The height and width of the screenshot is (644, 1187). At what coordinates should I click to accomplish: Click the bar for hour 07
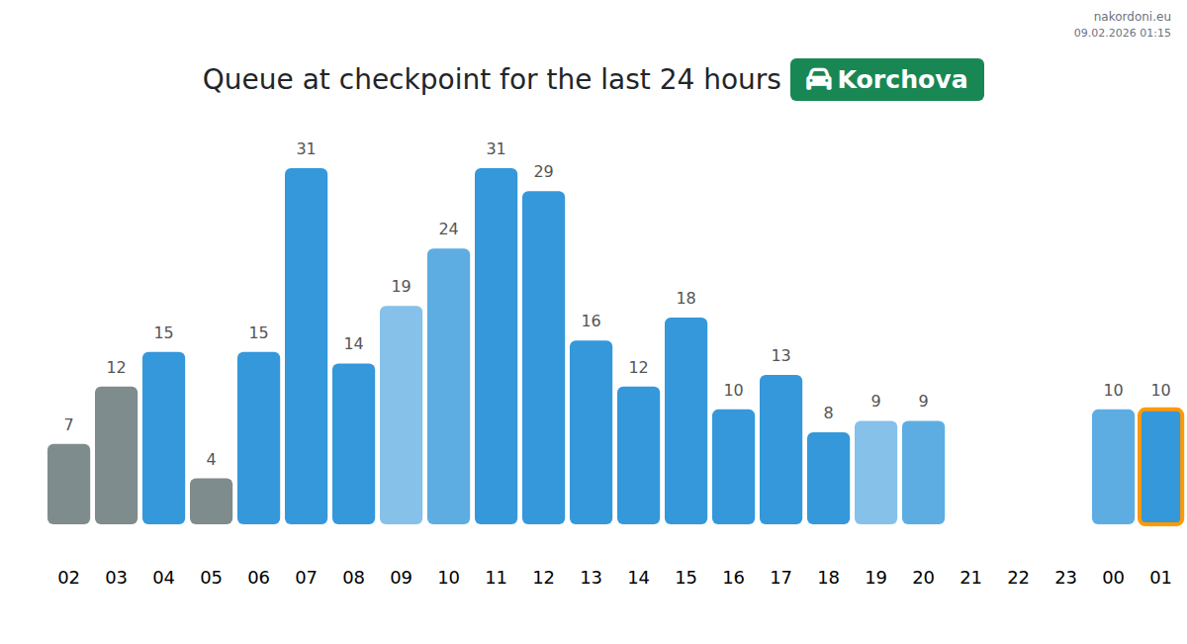pyautogui.click(x=306, y=346)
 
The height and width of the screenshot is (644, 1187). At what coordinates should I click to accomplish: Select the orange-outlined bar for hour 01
pyautogui.click(x=1160, y=466)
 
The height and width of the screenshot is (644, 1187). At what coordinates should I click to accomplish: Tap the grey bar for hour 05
pyautogui.click(x=211, y=501)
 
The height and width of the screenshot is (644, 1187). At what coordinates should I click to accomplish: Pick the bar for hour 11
pyautogui.click(x=496, y=346)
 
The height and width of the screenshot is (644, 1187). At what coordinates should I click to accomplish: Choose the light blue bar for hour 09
pyautogui.click(x=401, y=414)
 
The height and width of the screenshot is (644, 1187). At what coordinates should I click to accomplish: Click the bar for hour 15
pyautogui.click(x=685, y=420)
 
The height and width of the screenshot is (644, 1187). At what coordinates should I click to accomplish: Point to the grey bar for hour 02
pyautogui.click(x=68, y=484)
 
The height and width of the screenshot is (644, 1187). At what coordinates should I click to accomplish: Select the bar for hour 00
pyautogui.click(x=1113, y=466)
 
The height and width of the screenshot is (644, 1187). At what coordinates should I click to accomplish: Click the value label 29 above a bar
pyautogui.click(x=543, y=172)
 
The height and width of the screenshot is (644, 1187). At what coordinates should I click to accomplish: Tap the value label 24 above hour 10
pyautogui.click(x=448, y=230)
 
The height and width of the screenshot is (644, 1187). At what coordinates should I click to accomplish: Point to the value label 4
pyautogui.click(x=211, y=459)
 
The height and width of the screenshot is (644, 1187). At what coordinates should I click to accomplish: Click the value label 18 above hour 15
pyautogui.click(x=685, y=299)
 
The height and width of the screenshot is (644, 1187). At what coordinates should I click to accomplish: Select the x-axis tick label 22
pyautogui.click(x=1018, y=578)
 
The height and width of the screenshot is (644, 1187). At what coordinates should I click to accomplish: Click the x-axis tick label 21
pyautogui.click(x=970, y=578)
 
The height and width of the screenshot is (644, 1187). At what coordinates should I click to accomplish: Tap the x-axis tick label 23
pyautogui.click(x=1065, y=578)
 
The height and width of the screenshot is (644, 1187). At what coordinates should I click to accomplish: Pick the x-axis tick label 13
pyautogui.click(x=591, y=578)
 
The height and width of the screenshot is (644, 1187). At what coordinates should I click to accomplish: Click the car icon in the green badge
pyautogui.click(x=818, y=79)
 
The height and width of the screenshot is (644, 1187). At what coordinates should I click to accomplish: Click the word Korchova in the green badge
pyautogui.click(x=902, y=79)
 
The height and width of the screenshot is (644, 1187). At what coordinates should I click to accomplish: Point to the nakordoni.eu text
pyautogui.click(x=1132, y=16)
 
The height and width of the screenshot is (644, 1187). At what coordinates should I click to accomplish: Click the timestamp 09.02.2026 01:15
pyautogui.click(x=1122, y=33)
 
